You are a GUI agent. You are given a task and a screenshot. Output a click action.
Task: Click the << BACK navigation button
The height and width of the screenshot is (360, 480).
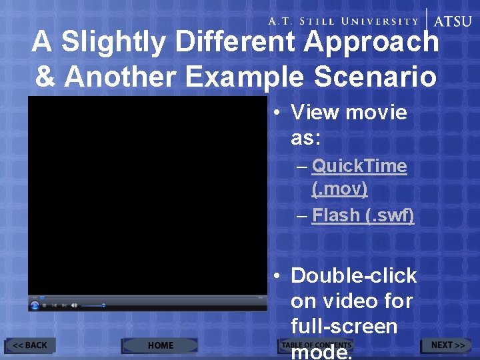[x=30, y=345]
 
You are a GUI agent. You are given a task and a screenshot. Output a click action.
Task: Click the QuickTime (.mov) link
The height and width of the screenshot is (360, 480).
[x=359, y=177]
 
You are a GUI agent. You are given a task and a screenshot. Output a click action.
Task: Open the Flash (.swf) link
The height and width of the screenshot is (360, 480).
[x=363, y=215]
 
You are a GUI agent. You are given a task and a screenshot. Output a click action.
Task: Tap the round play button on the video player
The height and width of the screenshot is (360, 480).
[x=35, y=305]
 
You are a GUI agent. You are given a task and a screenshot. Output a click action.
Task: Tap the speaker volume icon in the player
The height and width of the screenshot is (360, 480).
[x=74, y=305]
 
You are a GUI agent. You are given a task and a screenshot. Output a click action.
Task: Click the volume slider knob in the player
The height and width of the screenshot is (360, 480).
[x=103, y=305]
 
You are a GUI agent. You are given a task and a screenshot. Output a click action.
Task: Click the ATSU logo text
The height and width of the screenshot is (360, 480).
[x=453, y=21]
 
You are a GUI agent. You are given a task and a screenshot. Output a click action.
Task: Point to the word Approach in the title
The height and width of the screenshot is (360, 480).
[x=371, y=43]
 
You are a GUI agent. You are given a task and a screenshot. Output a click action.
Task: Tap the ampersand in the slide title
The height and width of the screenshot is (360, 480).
[x=45, y=77]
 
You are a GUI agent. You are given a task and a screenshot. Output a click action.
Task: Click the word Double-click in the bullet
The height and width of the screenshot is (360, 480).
[x=353, y=275]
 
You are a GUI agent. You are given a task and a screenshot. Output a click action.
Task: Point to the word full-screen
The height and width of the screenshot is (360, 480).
[x=344, y=327]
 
